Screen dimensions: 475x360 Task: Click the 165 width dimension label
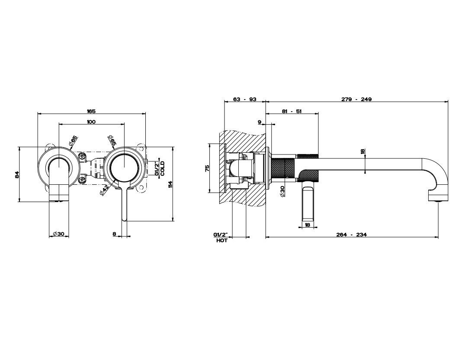pos(91,111)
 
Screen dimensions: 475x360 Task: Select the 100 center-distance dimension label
pos(91,122)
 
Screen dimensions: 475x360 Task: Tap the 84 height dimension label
pos(17,175)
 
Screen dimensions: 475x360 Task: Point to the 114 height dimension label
pos(170,184)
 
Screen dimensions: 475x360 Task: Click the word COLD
pos(162,168)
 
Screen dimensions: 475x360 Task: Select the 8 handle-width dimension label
pos(114,234)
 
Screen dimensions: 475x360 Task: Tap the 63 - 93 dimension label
pos(245,99)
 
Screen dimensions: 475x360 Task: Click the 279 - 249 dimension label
pos(356,99)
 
